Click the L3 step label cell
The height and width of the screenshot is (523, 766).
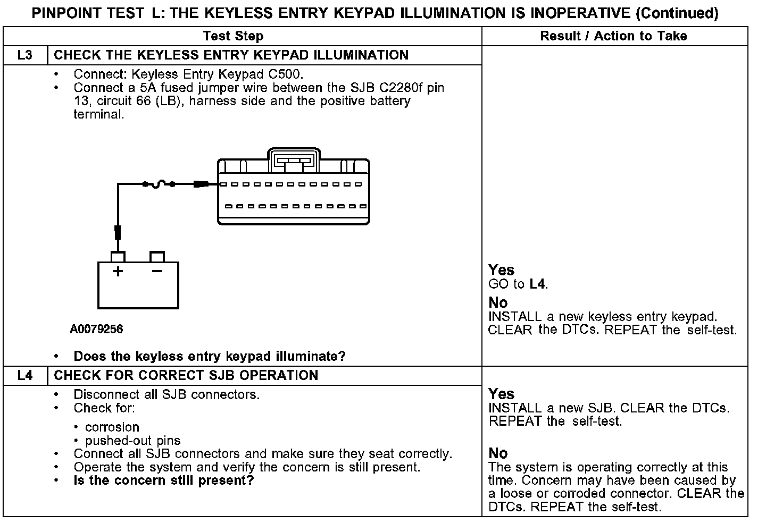[25, 55]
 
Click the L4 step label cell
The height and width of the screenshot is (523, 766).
[25, 375]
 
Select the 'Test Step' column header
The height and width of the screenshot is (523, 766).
[233, 36]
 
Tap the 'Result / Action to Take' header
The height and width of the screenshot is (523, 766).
[613, 36]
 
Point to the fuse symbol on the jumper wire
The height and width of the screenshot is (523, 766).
[158, 184]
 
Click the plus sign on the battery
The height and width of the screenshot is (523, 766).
[118, 272]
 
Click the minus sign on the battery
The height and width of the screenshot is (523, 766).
[157, 272]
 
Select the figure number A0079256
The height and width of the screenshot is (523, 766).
[96, 330]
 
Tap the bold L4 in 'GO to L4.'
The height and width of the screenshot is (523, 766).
[538, 284]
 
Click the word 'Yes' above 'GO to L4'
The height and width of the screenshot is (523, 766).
[501, 270]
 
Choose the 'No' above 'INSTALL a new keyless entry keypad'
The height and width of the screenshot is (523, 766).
[498, 303]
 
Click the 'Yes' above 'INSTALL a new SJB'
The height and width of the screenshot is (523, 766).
[501, 394]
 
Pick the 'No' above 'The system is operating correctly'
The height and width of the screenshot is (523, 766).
[498, 453]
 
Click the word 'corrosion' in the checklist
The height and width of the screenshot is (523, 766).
[112, 427]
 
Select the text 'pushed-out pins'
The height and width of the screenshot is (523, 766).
[132, 441]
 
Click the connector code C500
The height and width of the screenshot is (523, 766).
[286, 74]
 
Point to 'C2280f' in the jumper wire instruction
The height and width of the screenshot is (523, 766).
[394, 87]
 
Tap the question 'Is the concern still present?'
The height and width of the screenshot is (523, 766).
[163, 481]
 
